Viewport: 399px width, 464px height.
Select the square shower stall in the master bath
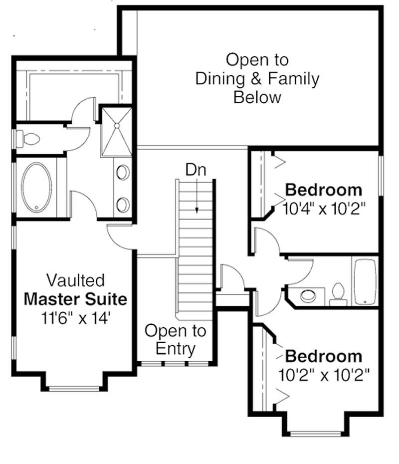116,131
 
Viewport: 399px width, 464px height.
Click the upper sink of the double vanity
123,172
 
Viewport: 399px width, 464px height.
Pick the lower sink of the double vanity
123,205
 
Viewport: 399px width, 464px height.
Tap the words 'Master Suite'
75,299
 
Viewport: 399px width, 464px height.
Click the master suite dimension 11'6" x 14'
75,317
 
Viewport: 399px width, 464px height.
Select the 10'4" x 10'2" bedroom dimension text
325,208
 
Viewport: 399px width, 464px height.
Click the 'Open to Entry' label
175,339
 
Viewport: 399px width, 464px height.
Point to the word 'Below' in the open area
257,97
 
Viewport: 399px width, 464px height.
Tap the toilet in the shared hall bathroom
338,295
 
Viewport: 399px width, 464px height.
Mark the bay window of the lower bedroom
314,433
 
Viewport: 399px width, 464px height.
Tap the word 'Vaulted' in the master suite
75,280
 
